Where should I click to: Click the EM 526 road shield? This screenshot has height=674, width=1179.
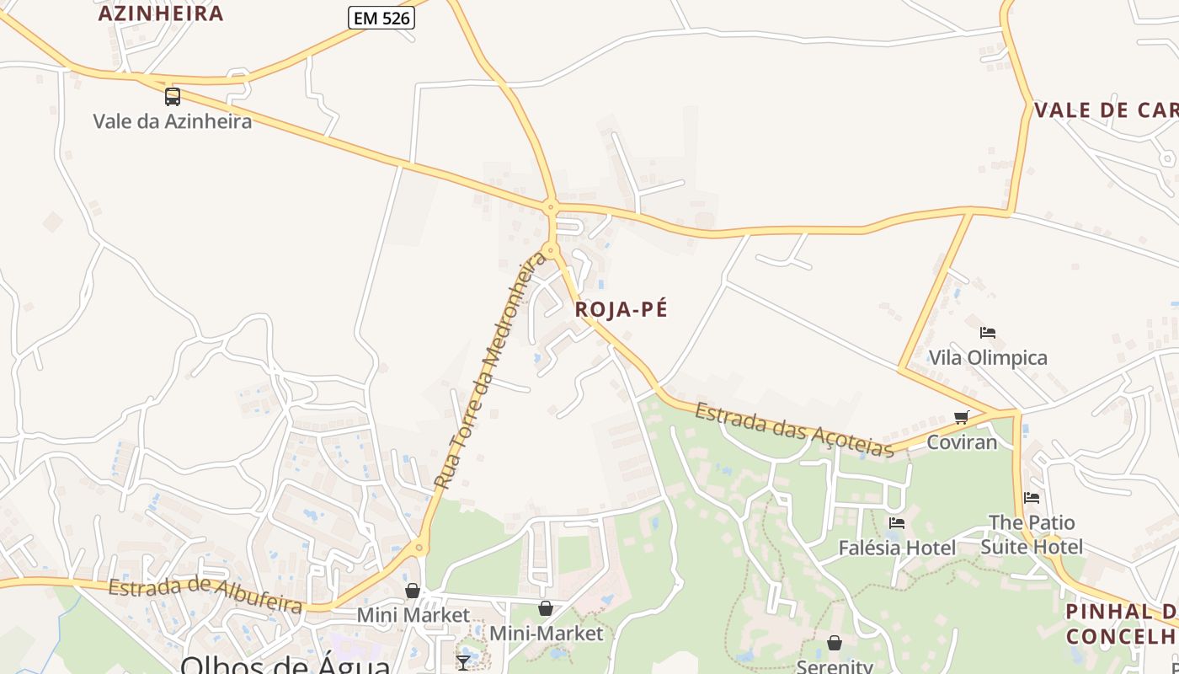click(381, 18)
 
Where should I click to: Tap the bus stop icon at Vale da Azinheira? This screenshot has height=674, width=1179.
click(173, 96)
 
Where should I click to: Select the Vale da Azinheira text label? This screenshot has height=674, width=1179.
click(172, 121)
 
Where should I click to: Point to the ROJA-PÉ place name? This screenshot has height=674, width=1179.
click(621, 309)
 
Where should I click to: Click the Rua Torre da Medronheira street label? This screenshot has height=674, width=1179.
click(490, 372)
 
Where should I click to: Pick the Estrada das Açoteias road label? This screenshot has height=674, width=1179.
click(794, 430)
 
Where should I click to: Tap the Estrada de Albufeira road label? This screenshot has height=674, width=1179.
click(205, 595)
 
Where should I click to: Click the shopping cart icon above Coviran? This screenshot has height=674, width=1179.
click(962, 417)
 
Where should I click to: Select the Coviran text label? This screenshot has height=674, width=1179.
click(962, 442)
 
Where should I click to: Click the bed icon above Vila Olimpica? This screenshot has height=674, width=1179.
click(988, 333)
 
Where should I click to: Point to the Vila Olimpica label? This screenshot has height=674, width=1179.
click(988, 358)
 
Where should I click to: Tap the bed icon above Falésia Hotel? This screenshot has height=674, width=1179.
click(897, 523)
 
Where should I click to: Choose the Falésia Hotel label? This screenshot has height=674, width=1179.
click(897, 548)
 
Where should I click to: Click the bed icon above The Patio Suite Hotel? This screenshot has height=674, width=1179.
click(1032, 497)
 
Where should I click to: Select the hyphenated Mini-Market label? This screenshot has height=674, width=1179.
click(547, 634)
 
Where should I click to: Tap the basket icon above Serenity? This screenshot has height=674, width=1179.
click(834, 643)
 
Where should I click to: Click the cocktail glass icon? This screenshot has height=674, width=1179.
click(463, 662)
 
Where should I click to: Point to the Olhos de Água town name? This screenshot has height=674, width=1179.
click(285, 665)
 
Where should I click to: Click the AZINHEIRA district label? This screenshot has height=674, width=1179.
click(161, 13)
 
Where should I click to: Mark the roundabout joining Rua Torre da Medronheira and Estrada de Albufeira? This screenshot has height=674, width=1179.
click(419, 548)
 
